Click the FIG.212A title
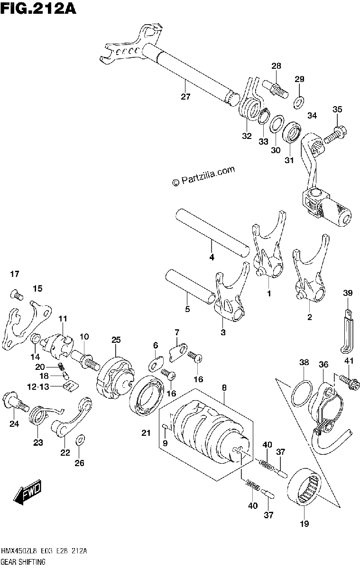(38, 9)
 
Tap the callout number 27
(185, 97)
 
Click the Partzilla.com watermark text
(203, 176)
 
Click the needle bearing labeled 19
(304, 486)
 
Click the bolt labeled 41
(350, 383)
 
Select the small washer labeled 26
(81, 440)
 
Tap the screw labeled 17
(17, 295)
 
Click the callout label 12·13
(38, 386)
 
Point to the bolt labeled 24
(15, 406)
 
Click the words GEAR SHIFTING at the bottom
(23, 561)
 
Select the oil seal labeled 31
(292, 132)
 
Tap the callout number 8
(224, 388)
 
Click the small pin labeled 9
(165, 426)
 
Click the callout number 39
(348, 293)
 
